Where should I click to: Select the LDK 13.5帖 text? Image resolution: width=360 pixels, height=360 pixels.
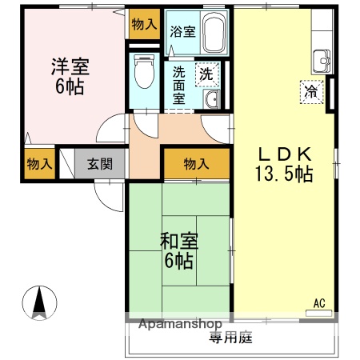tap(283, 163)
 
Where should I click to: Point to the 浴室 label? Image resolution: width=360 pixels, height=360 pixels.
tap(182, 32)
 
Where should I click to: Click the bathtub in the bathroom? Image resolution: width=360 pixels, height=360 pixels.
tap(213, 34)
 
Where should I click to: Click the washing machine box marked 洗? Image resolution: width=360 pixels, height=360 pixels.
tap(206, 73)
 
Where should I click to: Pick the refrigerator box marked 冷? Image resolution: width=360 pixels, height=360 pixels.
tap(310, 91)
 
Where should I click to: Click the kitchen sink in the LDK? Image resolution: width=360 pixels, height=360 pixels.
tap(323, 58)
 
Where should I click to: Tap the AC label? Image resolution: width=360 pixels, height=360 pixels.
tap(318, 302)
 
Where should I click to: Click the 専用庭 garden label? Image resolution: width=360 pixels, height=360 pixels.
tap(230, 338)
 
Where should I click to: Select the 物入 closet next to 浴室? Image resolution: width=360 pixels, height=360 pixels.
tap(144, 25)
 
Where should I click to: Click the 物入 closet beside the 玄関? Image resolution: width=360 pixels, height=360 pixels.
tap(38, 164)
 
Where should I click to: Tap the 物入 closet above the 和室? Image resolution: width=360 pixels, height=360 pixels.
tap(196, 164)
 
